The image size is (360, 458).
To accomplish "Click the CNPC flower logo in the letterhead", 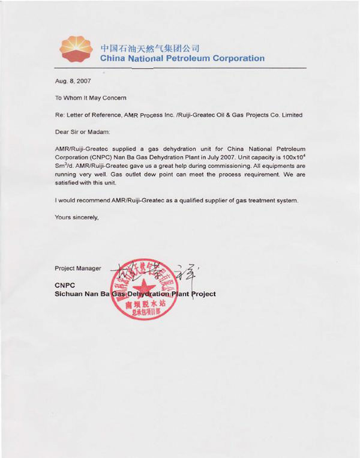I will click(78, 48).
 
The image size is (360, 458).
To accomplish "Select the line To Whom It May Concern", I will click(91, 97).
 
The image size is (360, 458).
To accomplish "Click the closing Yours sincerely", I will click(76, 217).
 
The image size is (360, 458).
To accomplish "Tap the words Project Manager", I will click(78, 268).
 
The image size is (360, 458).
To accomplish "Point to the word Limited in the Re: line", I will click(291, 115).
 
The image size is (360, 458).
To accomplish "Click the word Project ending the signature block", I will click(203, 294).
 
